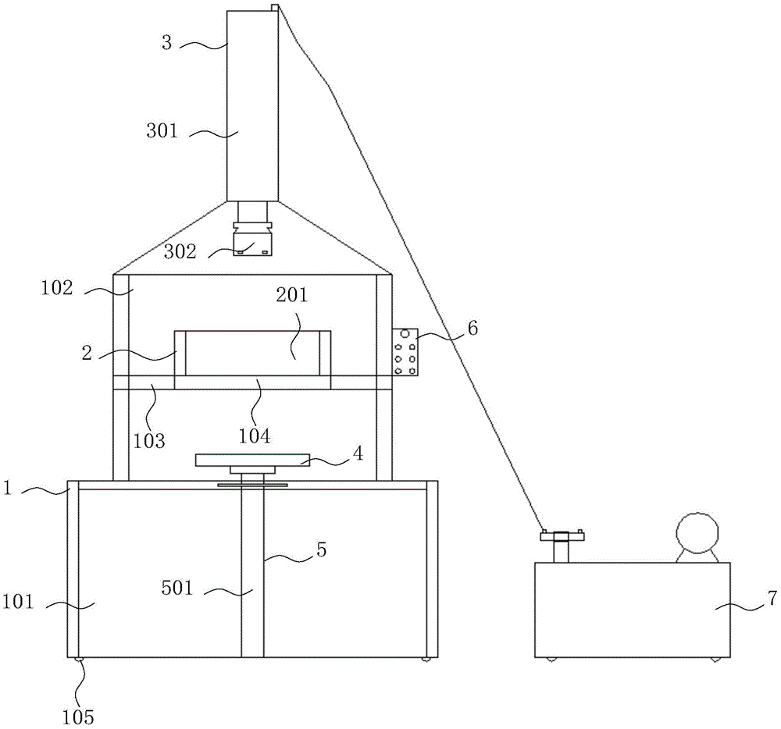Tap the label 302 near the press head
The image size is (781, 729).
click(180, 251)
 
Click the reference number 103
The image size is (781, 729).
click(149, 441)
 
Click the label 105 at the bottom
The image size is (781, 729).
click(79, 715)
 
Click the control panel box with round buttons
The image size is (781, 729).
click(405, 351)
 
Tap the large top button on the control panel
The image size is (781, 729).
click(405, 334)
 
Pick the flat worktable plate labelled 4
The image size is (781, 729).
click(251, 461)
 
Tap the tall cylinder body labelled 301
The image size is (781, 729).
click(252, 105)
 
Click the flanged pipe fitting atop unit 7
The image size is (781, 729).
click(562, 545)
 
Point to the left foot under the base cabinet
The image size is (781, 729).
click(78, 660)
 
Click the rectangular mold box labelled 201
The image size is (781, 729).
click(251, 353)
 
